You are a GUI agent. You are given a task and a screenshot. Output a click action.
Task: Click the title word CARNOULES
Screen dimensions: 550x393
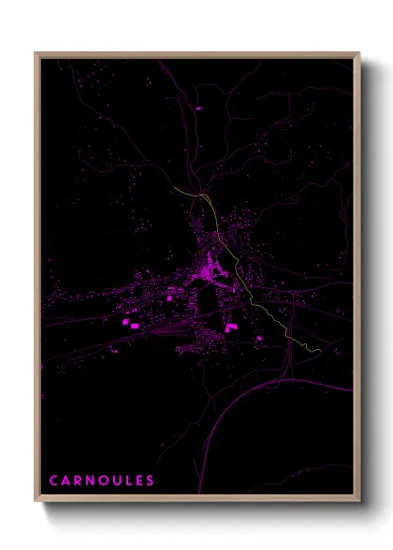101,481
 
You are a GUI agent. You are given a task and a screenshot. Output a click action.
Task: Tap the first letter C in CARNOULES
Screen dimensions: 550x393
53,481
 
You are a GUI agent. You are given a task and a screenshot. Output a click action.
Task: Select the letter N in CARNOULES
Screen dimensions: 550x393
90,481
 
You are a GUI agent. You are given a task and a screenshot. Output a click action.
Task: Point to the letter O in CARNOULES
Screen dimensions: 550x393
103,481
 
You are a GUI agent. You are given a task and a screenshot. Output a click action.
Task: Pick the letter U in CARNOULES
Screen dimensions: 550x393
115,481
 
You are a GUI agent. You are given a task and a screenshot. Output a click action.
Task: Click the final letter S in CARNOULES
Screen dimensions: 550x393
150,481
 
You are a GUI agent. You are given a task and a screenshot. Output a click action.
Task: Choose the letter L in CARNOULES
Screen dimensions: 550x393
127,481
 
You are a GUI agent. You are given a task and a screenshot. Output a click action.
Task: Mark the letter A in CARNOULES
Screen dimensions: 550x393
65,481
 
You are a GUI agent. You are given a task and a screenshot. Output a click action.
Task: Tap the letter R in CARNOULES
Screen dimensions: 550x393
78,481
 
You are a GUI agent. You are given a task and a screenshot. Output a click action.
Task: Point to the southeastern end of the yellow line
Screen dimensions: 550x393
321,352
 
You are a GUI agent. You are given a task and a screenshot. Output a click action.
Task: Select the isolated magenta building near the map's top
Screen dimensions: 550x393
197,109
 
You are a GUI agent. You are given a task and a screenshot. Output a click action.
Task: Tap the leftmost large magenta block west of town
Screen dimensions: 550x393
125,322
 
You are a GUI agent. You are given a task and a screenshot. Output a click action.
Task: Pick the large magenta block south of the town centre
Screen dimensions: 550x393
230,326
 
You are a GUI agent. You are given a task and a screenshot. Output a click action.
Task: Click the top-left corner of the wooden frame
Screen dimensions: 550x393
36,53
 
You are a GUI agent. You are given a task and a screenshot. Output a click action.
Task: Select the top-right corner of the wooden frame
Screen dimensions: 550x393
359,53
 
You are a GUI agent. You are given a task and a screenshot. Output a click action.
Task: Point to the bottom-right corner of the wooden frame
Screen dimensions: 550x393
359,501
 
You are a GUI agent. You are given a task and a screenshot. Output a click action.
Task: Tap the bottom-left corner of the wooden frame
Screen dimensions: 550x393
36,501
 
